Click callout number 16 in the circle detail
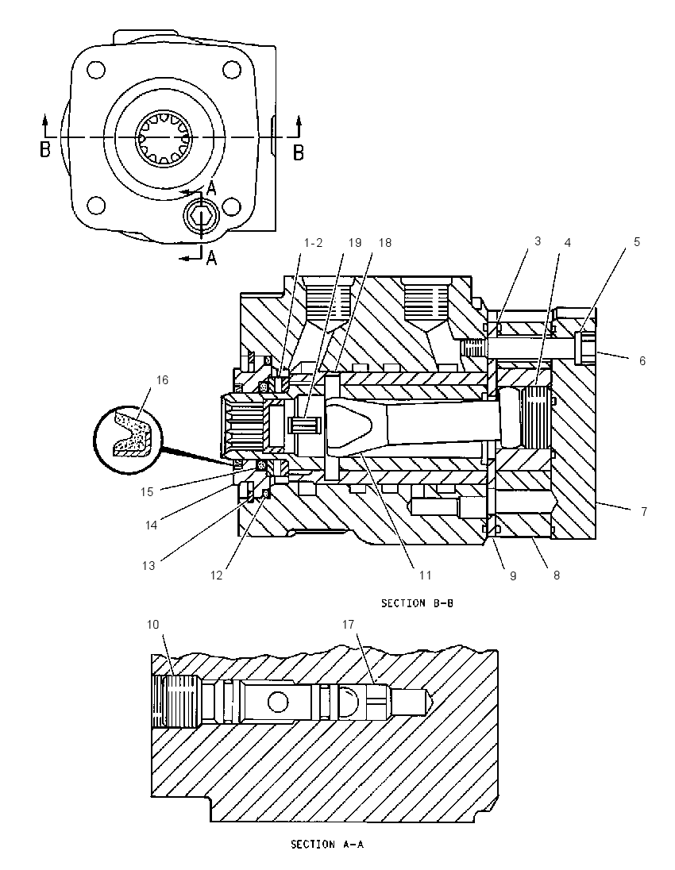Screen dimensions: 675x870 [161, 380]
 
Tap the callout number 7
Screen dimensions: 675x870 [644, 511]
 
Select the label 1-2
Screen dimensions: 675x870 [313, 242]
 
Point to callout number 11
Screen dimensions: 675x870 [425, 576]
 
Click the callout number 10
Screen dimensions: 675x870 [152, 624]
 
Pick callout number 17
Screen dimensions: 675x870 [348, 624]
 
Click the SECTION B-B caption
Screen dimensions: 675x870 [417, 603]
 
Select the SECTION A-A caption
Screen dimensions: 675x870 [327, 845]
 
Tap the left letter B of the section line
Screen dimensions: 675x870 [45, 149]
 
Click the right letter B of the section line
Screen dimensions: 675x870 [298, 152]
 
